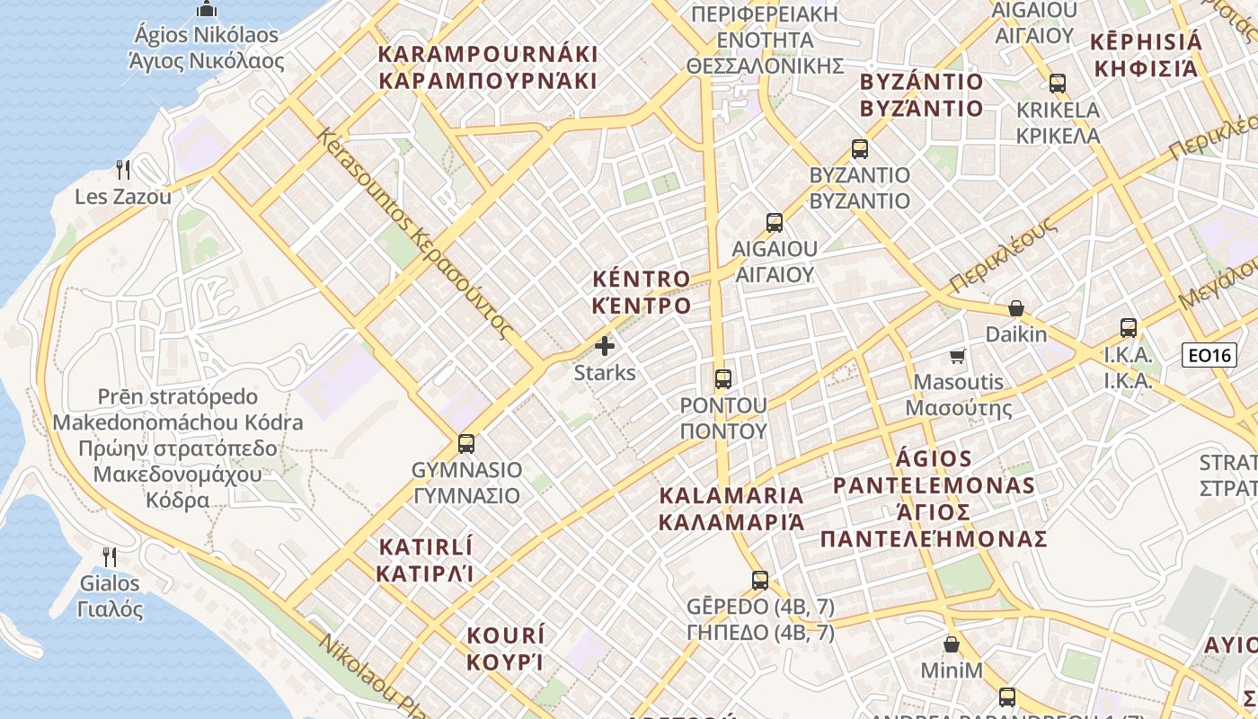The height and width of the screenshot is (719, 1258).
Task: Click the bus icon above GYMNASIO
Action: click(x=465, y=443)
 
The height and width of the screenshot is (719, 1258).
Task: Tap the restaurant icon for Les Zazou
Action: click(x=123, y=169)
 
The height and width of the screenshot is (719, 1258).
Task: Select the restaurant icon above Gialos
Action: click(x=110, y=556)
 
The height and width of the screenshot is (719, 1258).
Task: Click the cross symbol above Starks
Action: click(x=605, y=346)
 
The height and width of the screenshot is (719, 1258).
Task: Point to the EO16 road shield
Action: click(x=1209, y=355)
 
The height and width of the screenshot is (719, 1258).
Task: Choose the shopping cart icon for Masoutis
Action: click(x=958, y=356)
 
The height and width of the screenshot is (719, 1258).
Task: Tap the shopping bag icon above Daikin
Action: click(x=1016, y=308)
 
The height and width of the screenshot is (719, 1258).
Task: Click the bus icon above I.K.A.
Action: click(x=1129, y=328)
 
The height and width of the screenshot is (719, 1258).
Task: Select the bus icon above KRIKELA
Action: click(x=1058, y=84)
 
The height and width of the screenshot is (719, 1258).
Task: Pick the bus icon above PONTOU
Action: click(x=723, y=378)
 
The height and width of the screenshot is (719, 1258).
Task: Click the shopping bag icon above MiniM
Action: click(x=952, y=644)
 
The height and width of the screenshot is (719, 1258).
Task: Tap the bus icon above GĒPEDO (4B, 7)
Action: click(x=760, y=580)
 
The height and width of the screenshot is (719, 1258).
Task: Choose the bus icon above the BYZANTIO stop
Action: click(x=860, y=149)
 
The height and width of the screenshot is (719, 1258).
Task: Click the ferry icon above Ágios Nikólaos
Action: click(x=207, y=10)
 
